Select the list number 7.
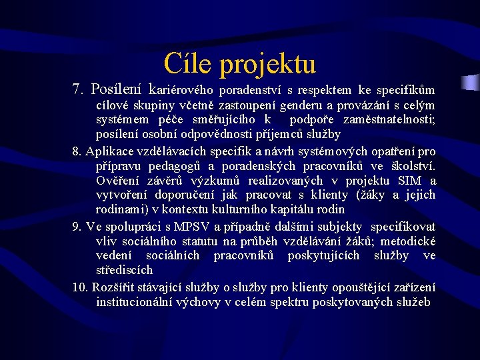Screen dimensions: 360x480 click(x=78, y=89)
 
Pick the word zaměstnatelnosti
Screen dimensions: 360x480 click(x=387, y=120)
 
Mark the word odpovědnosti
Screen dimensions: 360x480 click(x=217, y=135)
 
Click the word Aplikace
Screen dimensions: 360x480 click(x=111, y=151)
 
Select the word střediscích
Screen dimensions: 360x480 click(x=124, y=271)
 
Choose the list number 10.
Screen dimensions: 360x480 click(x=80, y=287)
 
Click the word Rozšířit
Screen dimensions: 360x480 click(x=116, y=287)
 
